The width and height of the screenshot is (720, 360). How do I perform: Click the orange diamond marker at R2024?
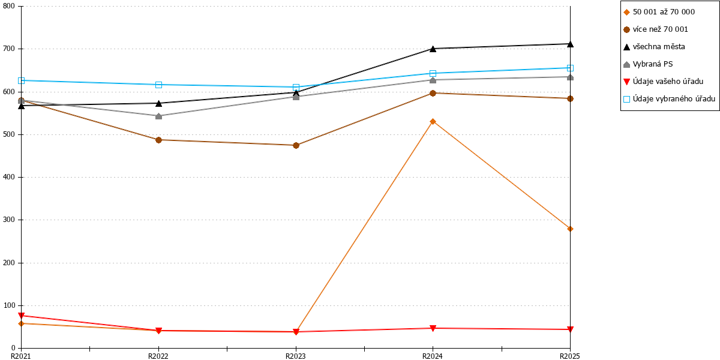click(433, 121)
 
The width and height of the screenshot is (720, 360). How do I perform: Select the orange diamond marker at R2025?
click(570, 229)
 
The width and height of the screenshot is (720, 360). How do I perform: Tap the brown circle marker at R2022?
click(158, 140)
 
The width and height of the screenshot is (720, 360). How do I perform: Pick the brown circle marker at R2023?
click(296, 145)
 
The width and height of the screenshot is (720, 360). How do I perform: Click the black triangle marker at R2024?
click(433, 49)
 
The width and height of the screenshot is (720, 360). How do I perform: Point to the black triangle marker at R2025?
click(570, 44)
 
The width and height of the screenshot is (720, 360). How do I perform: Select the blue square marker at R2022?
click(158, 85)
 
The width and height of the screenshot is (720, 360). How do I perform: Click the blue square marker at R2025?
click(570, 68)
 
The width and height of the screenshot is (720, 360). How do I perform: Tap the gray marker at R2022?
click(158, 116)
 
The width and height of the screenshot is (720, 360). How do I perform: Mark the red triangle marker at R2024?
click(433, 328)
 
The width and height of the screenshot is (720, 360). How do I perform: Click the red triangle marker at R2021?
click(21, 316)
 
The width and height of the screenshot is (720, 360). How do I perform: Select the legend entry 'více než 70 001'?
click(656, 29)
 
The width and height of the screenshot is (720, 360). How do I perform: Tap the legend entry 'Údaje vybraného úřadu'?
click(669, 99)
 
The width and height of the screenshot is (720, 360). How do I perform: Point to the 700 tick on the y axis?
click(19, 49)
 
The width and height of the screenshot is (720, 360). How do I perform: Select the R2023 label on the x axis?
click(296, 356)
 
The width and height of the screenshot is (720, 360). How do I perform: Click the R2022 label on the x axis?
click(158, 356)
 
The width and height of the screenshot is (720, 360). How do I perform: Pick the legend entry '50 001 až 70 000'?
click(659, 12)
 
